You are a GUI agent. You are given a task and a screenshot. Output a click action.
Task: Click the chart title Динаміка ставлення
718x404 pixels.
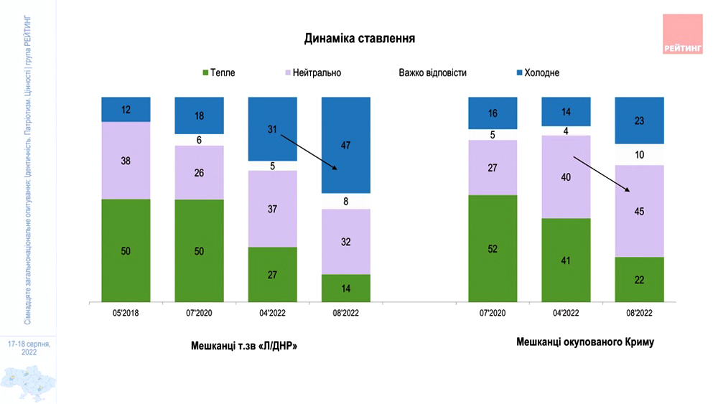(x=360, y=37)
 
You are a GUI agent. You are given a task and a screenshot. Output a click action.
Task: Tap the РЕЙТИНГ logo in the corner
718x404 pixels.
(x=682, y=34)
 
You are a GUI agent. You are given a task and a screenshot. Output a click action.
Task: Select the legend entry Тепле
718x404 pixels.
(x=219, y=72)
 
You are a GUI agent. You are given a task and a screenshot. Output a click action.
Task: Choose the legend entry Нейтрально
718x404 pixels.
(x=314, y=72)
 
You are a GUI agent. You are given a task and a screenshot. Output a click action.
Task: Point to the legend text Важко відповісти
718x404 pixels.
(x=432, y=72)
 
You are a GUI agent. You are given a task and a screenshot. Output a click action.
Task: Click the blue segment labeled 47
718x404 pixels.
(x=345, y=145)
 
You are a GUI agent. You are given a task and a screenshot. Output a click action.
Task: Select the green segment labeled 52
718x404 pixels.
(x=493, y=248)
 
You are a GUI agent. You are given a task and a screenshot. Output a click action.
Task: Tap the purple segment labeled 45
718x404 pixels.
(x=640, y=211)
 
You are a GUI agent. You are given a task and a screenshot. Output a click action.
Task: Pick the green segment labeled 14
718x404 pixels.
(x=345, y=288)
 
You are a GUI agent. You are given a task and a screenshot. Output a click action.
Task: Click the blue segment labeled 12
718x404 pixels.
(x=126, y=109)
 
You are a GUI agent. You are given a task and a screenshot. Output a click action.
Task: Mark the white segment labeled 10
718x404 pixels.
(x=640, y=155)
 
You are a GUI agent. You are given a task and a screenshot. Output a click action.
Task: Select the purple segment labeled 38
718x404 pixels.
(x=126, y=161)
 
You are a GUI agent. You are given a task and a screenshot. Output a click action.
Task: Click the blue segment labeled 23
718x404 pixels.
(x=640, y=121)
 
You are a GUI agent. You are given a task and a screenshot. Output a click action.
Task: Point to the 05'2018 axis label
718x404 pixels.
(x=126, y=314)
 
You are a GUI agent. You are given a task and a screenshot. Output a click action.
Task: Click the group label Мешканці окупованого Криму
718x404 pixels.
(x=585, y=342)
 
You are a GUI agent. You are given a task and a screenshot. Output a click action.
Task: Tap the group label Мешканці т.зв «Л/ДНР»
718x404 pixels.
(x=244, y=346)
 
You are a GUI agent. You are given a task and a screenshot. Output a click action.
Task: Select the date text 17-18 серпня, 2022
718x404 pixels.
(x=29, y=348)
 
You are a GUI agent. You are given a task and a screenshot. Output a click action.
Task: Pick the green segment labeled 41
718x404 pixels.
(x=566, y=260)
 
